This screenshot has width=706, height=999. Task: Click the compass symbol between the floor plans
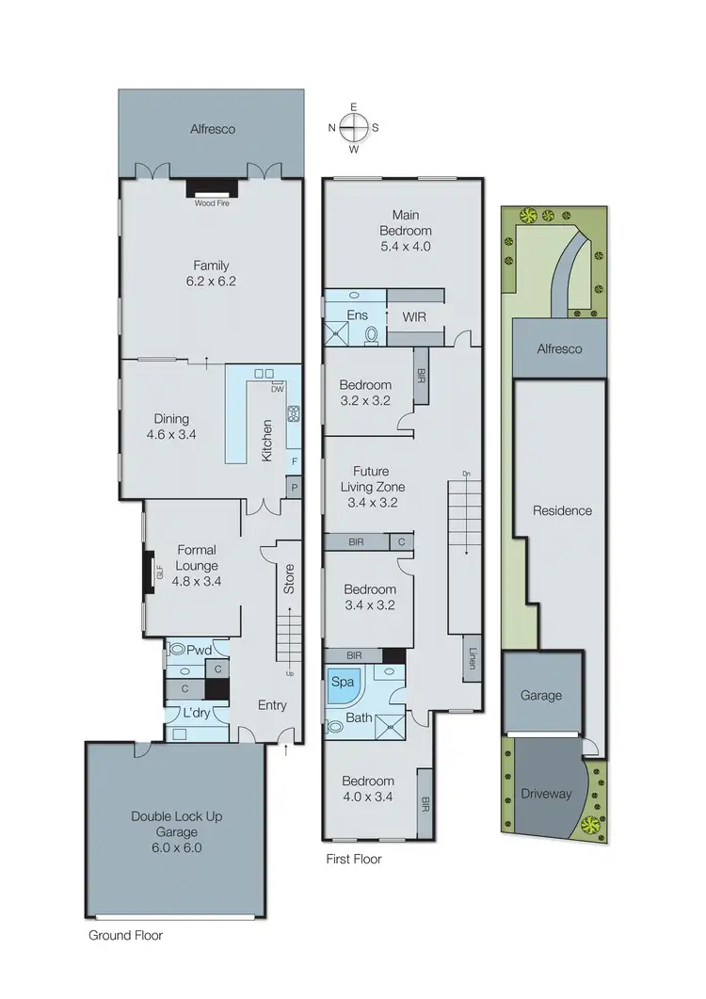[354, 127]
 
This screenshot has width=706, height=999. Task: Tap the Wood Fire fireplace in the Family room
[212, 188]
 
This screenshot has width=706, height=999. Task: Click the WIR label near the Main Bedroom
[415, 316]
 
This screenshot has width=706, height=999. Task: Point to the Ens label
[357, 315]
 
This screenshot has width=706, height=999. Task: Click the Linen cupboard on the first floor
[470, 657]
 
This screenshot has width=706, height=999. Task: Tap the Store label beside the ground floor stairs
[290, 577]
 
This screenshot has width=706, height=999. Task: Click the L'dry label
[196, 713]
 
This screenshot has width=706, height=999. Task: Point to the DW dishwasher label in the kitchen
[278, 388]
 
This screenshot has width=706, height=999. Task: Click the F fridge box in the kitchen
[294, 461]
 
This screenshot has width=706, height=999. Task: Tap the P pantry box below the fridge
[294, 487]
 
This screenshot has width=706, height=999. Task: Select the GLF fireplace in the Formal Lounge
[151, 573]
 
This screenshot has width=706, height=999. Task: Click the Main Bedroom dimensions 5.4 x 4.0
[406, 248]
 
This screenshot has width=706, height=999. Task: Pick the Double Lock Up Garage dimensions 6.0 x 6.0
[178, 847]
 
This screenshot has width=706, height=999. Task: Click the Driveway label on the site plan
[546, 794]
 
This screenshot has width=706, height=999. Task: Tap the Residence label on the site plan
[562, 511]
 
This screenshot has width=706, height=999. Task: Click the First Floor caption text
[354, 860]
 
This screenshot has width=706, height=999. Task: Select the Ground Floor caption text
[125, 936]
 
